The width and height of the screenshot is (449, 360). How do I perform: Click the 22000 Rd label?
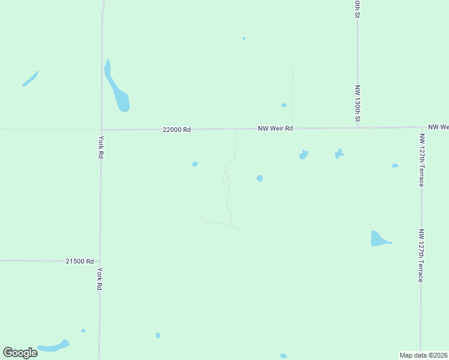tap(176, 130)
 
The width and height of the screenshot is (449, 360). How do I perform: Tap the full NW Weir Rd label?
tap(276, 128)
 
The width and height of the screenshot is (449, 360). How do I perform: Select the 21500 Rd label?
tap(80, 262)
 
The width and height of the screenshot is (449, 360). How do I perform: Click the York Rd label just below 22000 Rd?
tap(101, 147)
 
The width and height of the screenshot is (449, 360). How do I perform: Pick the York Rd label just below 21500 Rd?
tap(100, 280)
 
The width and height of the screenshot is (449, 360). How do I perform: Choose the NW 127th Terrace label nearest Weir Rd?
tap(422, 160)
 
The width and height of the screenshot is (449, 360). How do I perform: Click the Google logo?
tap(20, 352)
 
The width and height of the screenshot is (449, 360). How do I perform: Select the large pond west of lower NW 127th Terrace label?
tap(378, 239)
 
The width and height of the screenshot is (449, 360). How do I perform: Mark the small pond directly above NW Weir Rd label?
tap(284, 106)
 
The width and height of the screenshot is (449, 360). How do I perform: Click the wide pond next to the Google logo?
tap(54, 346)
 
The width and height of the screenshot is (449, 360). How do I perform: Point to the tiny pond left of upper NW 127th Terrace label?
tap(394, 166)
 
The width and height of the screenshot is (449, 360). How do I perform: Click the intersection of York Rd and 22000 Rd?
tap(101, 130)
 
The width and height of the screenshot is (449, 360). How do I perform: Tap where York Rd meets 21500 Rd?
tap(100, 261)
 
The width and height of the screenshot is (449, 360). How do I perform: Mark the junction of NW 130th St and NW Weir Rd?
tap(358, 127)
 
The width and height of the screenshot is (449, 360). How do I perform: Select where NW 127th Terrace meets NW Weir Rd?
tap(421, 127)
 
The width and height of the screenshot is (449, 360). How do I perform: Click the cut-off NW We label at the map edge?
tap(438, 127)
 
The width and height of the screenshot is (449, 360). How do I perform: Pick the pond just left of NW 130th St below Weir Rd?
tap(340, 154)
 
